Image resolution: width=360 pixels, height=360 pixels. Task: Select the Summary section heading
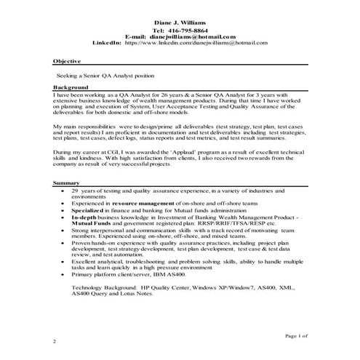pos(67,181)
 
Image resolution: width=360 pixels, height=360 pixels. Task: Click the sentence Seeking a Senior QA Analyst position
pos(105,76)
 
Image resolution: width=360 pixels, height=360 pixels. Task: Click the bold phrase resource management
pos(136,203)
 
